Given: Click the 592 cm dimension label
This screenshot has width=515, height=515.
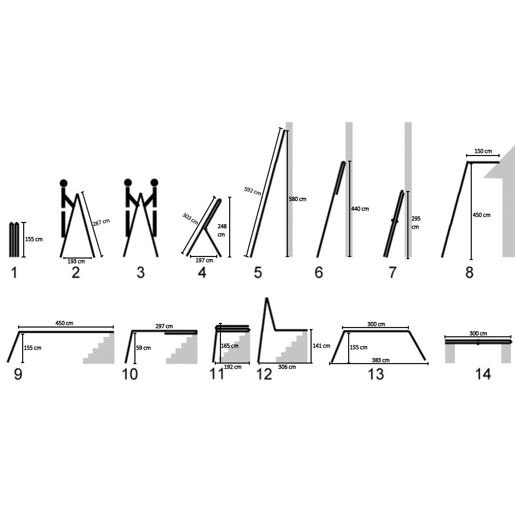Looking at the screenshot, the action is [x=252, y=191].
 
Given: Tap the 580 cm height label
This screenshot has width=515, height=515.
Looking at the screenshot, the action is [x=298, y=199].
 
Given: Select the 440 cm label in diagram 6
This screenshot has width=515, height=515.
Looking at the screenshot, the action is [x=360, y=209].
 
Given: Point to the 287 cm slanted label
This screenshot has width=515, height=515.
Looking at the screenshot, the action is [x=101, y=222].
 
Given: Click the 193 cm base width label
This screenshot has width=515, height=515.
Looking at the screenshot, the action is [x=76, y=262].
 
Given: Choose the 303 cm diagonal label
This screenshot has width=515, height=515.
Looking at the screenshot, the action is [x=190, y=219].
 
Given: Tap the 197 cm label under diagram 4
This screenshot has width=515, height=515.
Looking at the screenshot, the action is [x=204, y=261].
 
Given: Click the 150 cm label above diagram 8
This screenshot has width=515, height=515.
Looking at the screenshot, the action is [x=483, y=151].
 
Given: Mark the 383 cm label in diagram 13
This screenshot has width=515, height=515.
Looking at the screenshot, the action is [x=381, y=360].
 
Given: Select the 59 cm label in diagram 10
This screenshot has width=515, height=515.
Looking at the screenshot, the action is [x=144, y=348].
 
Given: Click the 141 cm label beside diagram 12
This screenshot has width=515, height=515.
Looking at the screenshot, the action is [x=321, y=346].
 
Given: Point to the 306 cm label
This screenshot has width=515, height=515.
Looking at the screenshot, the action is [x=287, y=367].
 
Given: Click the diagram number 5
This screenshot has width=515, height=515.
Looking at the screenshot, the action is [x=258, y=272].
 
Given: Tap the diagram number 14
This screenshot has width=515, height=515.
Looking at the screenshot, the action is [x=483, y=374].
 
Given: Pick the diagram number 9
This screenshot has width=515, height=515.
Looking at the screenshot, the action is [x=18, y=374].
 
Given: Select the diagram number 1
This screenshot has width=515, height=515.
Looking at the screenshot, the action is [x=14, y=272].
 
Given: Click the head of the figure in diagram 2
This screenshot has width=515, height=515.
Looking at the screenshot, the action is [x=64, y=183].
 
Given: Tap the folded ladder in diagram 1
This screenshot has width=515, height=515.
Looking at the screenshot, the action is [x=14, y=239].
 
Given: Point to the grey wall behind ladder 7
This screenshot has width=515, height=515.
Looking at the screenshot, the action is [x=408, y=190].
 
